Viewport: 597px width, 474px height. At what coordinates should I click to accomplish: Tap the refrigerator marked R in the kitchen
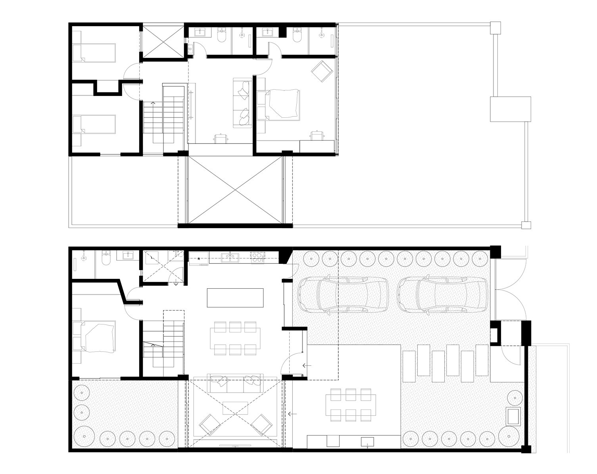coord(199,258)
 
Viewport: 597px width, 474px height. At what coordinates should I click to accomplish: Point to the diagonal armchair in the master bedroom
coord(321,71)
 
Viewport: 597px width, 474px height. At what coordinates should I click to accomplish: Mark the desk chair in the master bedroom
coord(316,136)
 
